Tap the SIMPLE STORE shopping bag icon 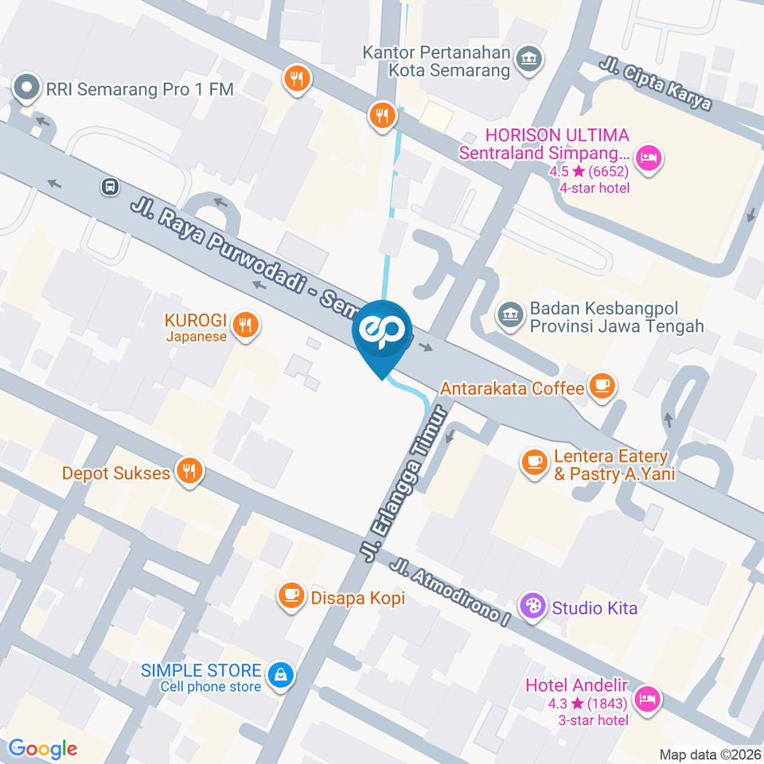279,676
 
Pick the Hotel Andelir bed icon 649,698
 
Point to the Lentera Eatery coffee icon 532,460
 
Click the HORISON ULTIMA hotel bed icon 649,156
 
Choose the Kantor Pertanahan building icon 528,58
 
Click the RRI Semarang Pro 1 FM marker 27,88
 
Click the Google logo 43,748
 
